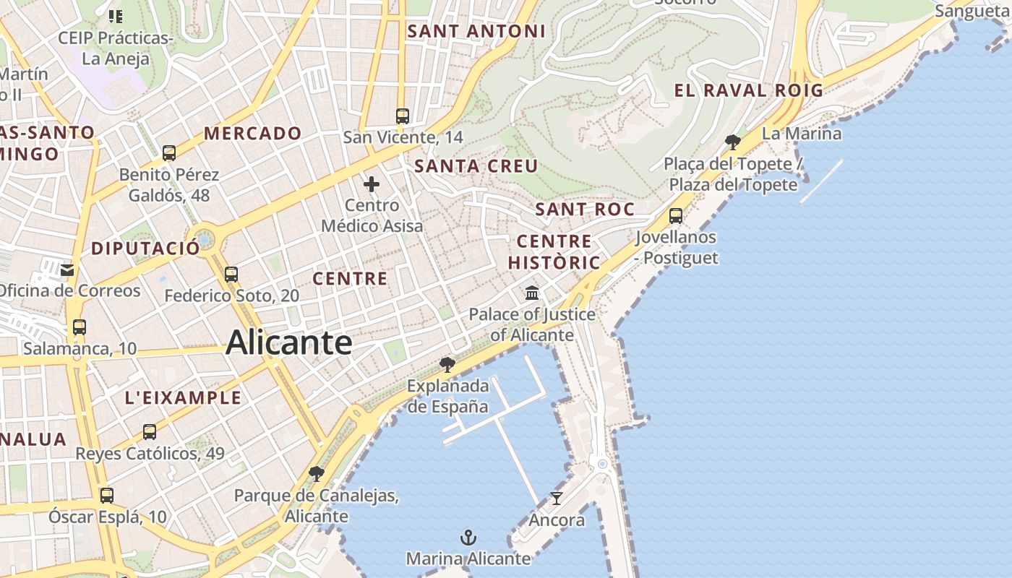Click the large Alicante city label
pyautogui.click(x=288, y=342)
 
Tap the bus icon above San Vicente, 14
pyautogui.click(x=403, y=116)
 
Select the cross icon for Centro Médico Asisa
pyautogui.click(x=372, y=184)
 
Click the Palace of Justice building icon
pyautogui.click(x=532, y=293)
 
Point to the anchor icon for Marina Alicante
pyautogui.click(x=468, y=538)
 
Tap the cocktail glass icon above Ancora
pyautogui.click(x=556, y=498)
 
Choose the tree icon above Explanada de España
pyautogui.click(x=447, y=363)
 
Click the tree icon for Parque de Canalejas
pyautogui.click(x=316, y=474)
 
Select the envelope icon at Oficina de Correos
pyautogui.click(x=67, y=270)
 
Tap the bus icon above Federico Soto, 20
pyautogui.click(x=231, y=275)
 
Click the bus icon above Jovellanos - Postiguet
pyautogui.click(x=676, y=215)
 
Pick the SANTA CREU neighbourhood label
pyautogui.click(x=476, y=166)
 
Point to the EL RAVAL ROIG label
pyautogui.click(x=749, y=90)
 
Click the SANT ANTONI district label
pyautogui.click(x=476, y=31)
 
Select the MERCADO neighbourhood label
pyautogui.click(x=252, y=133)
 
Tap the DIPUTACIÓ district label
pyautogui.click(x=145, y=249)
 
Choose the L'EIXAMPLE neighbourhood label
pyautogui.click(x=183, y=397)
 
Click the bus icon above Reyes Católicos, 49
pyautogui.click(x=150, y=432)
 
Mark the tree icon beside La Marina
pyautogui.click(x=732, y=142)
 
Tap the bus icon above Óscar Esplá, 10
pyautogui.click(x=107, y=496)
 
